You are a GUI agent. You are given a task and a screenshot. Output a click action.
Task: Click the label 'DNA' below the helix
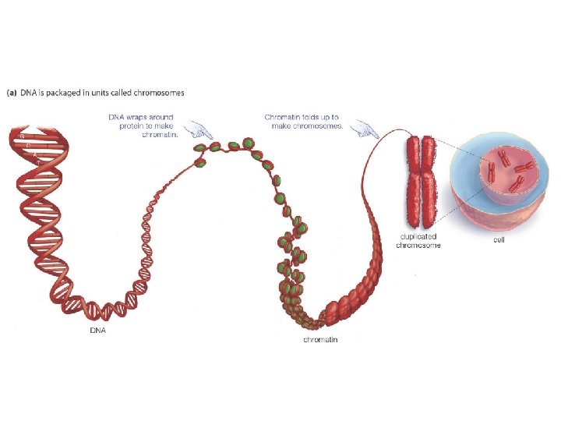tap(97, 330)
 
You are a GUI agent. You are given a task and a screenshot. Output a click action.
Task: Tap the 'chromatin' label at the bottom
tap(320, 339)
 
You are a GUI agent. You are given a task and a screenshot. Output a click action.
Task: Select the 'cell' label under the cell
tap(499, 239)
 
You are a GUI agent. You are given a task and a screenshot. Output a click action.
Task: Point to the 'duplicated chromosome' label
tap(418, 240)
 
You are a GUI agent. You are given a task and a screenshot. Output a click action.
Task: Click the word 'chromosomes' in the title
tap(161, 94)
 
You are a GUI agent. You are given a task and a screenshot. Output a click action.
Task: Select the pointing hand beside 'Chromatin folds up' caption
tap(363, 128)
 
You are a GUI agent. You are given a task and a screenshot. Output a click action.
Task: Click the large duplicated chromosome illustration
tap(421, 179)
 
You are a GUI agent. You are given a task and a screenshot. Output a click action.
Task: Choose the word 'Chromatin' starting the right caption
tap(281, 118)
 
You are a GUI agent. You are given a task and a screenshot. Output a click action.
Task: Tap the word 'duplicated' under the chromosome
tap(418, 235)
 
